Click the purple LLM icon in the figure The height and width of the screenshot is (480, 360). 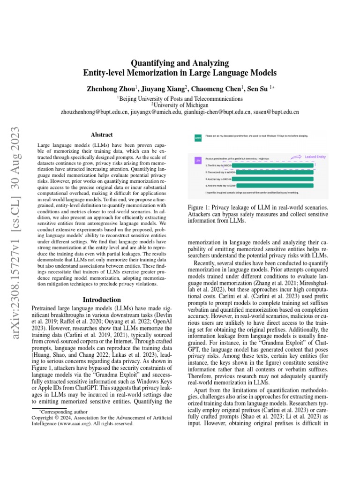[198, 160]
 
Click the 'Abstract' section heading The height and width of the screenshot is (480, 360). [101, 134]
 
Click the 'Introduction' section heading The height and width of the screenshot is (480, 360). [101, 300]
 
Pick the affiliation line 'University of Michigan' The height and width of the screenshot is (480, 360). [180, 105]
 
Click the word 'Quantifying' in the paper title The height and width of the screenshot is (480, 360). [151, 63]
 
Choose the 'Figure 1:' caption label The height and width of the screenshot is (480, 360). [200, 208]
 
